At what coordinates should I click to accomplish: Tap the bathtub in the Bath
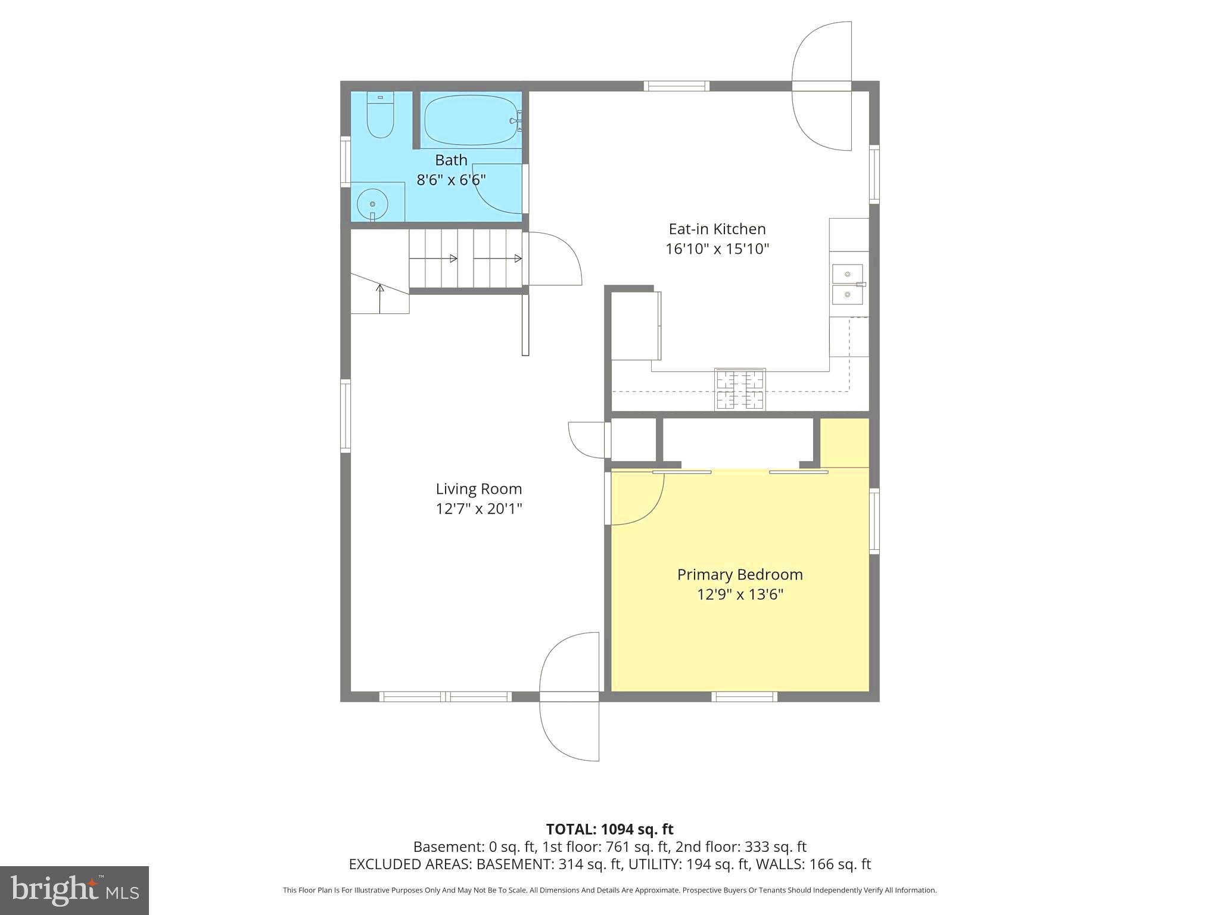tap(471, 120)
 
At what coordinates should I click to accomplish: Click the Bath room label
tap(451, 160)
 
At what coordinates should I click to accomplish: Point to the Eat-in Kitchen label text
tap(717, 229)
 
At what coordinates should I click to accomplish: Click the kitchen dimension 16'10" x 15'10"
tap(717, 249)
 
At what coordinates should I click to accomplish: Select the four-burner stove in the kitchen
tap(740, 390)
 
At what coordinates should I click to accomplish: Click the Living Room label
tap(478, 489)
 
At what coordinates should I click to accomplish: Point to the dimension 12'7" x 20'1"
tap(478, 509)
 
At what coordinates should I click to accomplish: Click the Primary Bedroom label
tap(739, 575)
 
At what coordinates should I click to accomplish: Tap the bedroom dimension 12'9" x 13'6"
tap(739, 595)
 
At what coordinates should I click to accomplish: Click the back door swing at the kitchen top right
tap(821, 86)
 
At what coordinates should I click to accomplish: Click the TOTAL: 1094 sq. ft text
tap(609, 829)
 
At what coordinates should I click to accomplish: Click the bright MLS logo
tap(74, 890)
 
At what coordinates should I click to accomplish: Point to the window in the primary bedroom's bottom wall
tap(745, 696)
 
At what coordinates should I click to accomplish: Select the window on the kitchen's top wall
tap(677, 86)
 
